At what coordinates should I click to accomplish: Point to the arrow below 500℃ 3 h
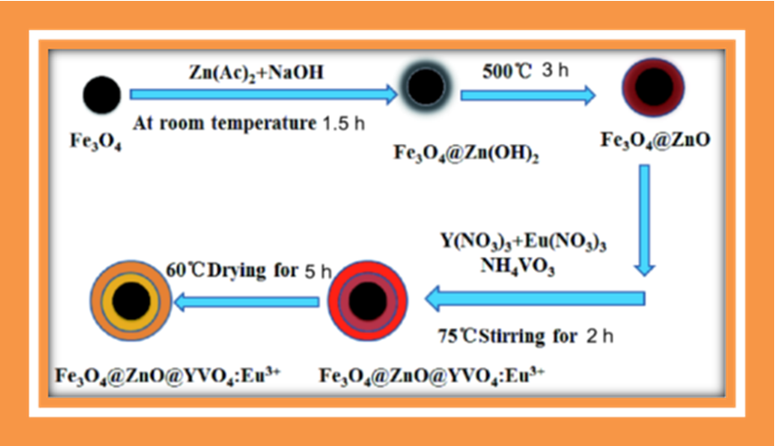526,92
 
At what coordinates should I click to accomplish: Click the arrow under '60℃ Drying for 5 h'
248,303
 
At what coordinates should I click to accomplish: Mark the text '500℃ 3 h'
524,70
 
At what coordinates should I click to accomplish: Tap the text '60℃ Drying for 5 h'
243,272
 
